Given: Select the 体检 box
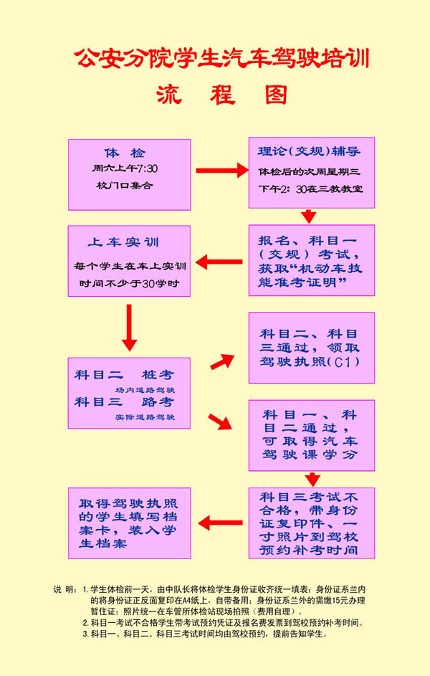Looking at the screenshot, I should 130,174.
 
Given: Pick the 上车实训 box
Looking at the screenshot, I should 130,261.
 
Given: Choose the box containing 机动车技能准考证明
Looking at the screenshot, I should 311,261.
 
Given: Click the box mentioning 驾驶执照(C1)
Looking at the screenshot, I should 311,348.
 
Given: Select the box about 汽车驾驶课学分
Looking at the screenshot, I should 311,435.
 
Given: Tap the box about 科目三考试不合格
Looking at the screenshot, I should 311,523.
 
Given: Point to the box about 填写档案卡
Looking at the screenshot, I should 130,523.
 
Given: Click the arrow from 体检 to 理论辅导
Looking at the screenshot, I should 221,171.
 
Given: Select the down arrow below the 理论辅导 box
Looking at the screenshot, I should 309,216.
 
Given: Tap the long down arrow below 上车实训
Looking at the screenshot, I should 129,327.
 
